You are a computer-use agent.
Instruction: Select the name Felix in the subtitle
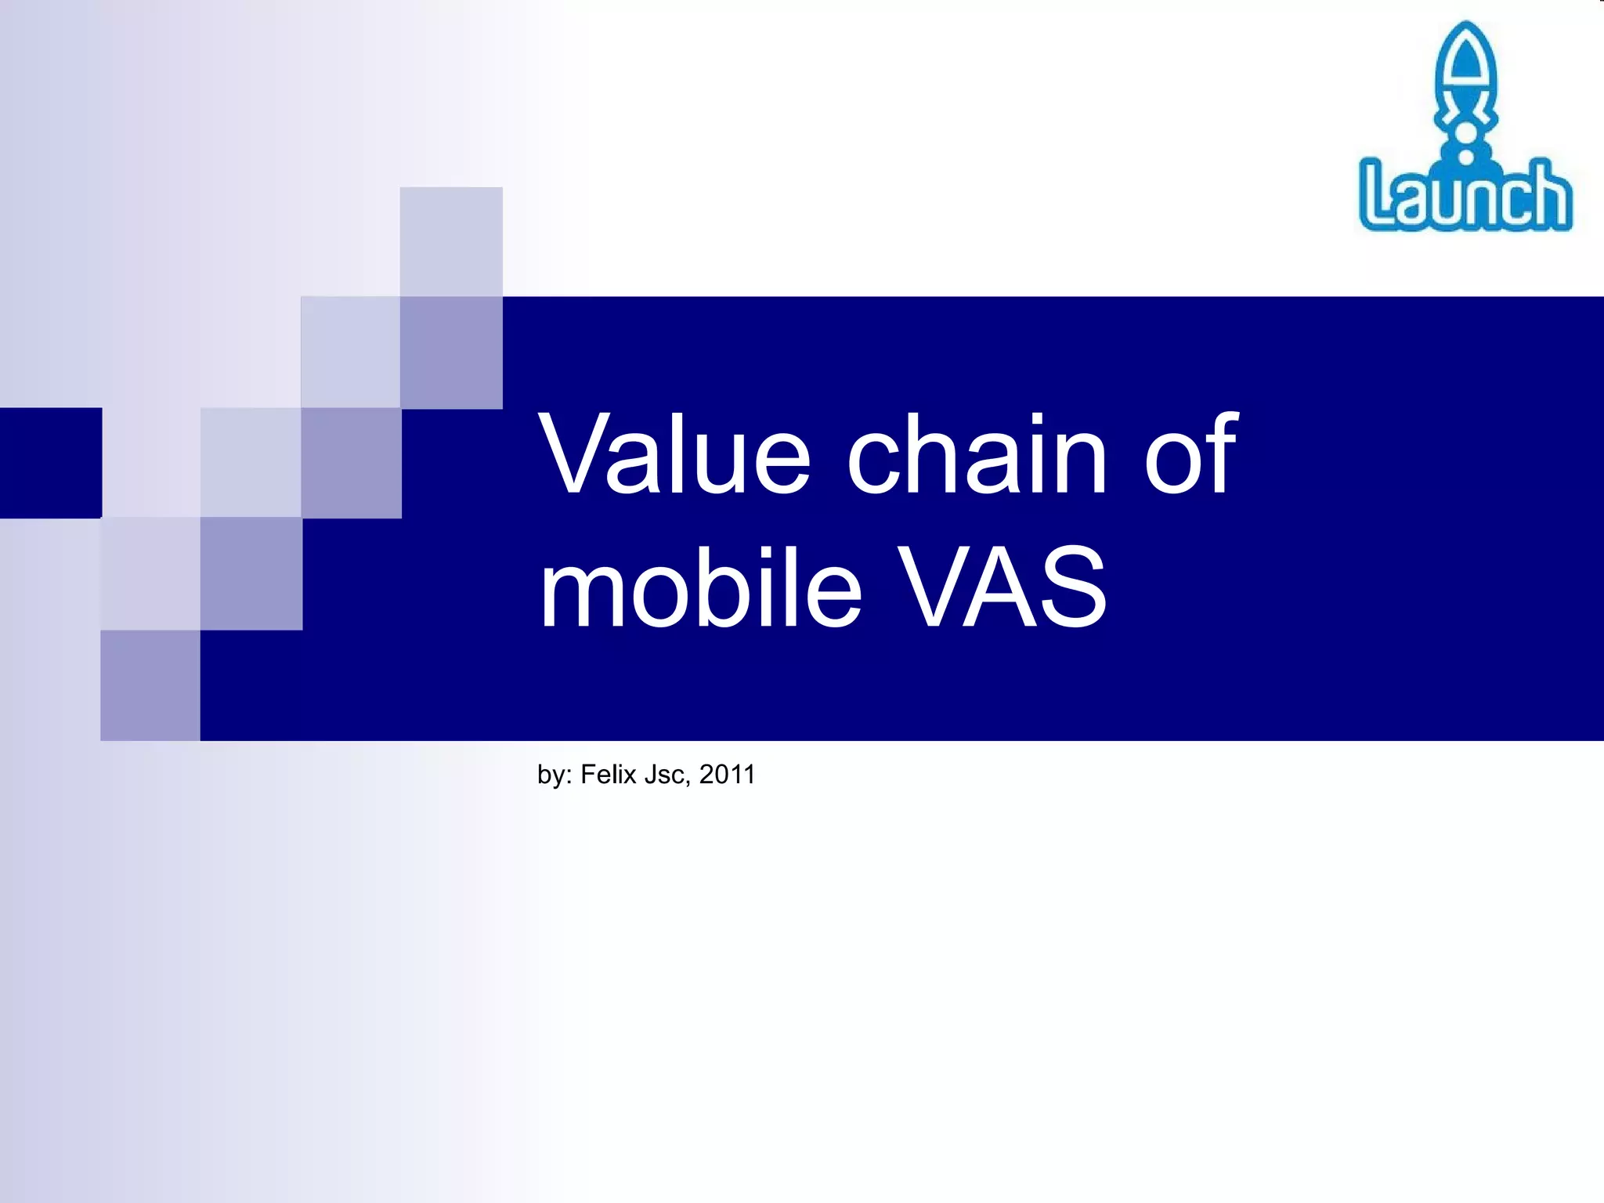click(x=608, y=774)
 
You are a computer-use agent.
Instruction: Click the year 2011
click(x=727, y=774)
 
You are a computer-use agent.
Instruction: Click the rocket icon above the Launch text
click(x=1465, y=90)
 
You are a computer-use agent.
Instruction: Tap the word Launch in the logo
click(x=1465, y=196)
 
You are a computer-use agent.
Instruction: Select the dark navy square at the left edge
click(x=50, y=462)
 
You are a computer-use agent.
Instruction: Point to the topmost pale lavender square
click(x=451, y=241)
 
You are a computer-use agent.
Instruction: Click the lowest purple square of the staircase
click(x=150, y=685)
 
